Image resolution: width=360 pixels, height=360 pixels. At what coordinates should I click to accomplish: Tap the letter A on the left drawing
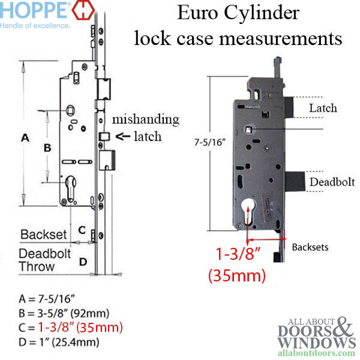pyautogui.click(x=25, y=138)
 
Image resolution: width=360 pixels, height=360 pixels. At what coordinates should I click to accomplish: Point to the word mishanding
pyautogui.click(x=145, y=119)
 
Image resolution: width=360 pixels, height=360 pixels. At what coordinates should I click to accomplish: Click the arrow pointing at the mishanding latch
pyautogui.click(x=123, y=136)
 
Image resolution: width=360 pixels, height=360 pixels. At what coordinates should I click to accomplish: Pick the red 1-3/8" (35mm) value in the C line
pyautogui.click(x=80, y=328)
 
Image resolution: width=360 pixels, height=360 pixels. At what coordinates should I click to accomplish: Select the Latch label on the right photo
pyautogui.click(x=323, y=109)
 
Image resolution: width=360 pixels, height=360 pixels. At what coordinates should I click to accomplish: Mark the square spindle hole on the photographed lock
pyautogui.click(x=248, y=128)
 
